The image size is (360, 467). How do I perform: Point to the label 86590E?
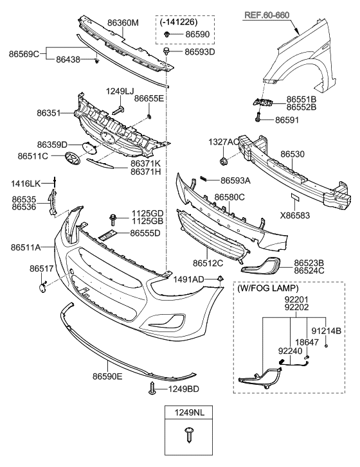107,376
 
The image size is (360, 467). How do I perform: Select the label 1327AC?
222,141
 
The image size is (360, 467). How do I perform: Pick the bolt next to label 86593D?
166,49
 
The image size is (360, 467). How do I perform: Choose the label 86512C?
207,263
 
